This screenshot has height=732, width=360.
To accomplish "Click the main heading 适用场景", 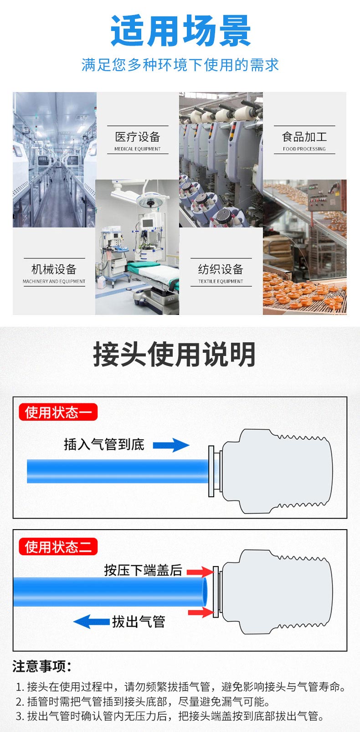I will pos(180,31).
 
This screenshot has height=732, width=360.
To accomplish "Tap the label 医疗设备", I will pos(138,137).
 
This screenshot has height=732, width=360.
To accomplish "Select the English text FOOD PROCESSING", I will pos(304,149).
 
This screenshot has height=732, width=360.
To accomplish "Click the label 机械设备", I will pos(54,269).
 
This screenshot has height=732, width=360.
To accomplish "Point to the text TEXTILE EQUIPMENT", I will pos(221,282).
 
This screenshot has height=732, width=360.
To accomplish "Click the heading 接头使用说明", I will pos(174,355).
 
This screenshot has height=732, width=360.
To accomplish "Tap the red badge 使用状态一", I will pos(58,412).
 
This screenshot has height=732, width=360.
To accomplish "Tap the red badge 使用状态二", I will pos(58,546).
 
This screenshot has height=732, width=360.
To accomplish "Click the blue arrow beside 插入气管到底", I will pos(171,445).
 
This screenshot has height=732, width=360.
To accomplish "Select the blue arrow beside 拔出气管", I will pos(91,621).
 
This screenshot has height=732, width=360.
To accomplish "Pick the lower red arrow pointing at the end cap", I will pos(201,612).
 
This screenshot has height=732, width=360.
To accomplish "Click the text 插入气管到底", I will pos(104,444).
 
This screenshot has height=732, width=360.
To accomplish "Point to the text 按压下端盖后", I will pos(143,570).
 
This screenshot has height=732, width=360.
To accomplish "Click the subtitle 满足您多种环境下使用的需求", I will pos(180,65).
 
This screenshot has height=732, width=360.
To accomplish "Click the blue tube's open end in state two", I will pos(205,592).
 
